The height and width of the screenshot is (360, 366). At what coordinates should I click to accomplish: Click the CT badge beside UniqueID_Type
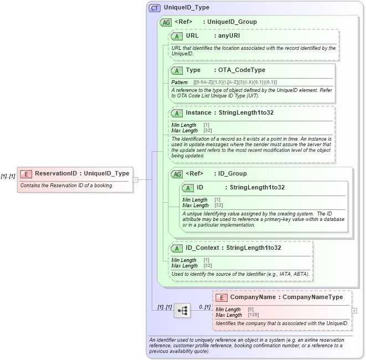[154, 8]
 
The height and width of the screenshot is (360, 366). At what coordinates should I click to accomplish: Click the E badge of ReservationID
[26, 173]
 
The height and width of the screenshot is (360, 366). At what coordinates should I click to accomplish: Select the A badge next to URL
[177, 36]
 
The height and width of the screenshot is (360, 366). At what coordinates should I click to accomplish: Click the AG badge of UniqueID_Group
[165, 22]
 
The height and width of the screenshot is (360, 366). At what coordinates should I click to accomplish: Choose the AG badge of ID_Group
[177, 174]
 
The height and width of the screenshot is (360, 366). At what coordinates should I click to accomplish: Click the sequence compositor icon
[182, 311]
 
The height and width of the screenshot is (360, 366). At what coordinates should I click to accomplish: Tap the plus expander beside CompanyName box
[354, 311]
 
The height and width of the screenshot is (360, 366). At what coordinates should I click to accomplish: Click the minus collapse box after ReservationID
[136, 179]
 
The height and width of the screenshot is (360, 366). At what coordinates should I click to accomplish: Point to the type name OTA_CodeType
[242, 70]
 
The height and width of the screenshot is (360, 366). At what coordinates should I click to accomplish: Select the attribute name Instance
[198, 113]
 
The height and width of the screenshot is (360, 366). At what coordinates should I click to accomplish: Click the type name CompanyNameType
[313, 297]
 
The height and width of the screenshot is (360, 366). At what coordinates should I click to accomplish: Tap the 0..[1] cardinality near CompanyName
[204, 307]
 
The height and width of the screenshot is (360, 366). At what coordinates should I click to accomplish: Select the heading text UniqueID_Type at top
[187, 8]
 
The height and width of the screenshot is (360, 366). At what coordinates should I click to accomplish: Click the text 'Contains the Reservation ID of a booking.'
[66, 186]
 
